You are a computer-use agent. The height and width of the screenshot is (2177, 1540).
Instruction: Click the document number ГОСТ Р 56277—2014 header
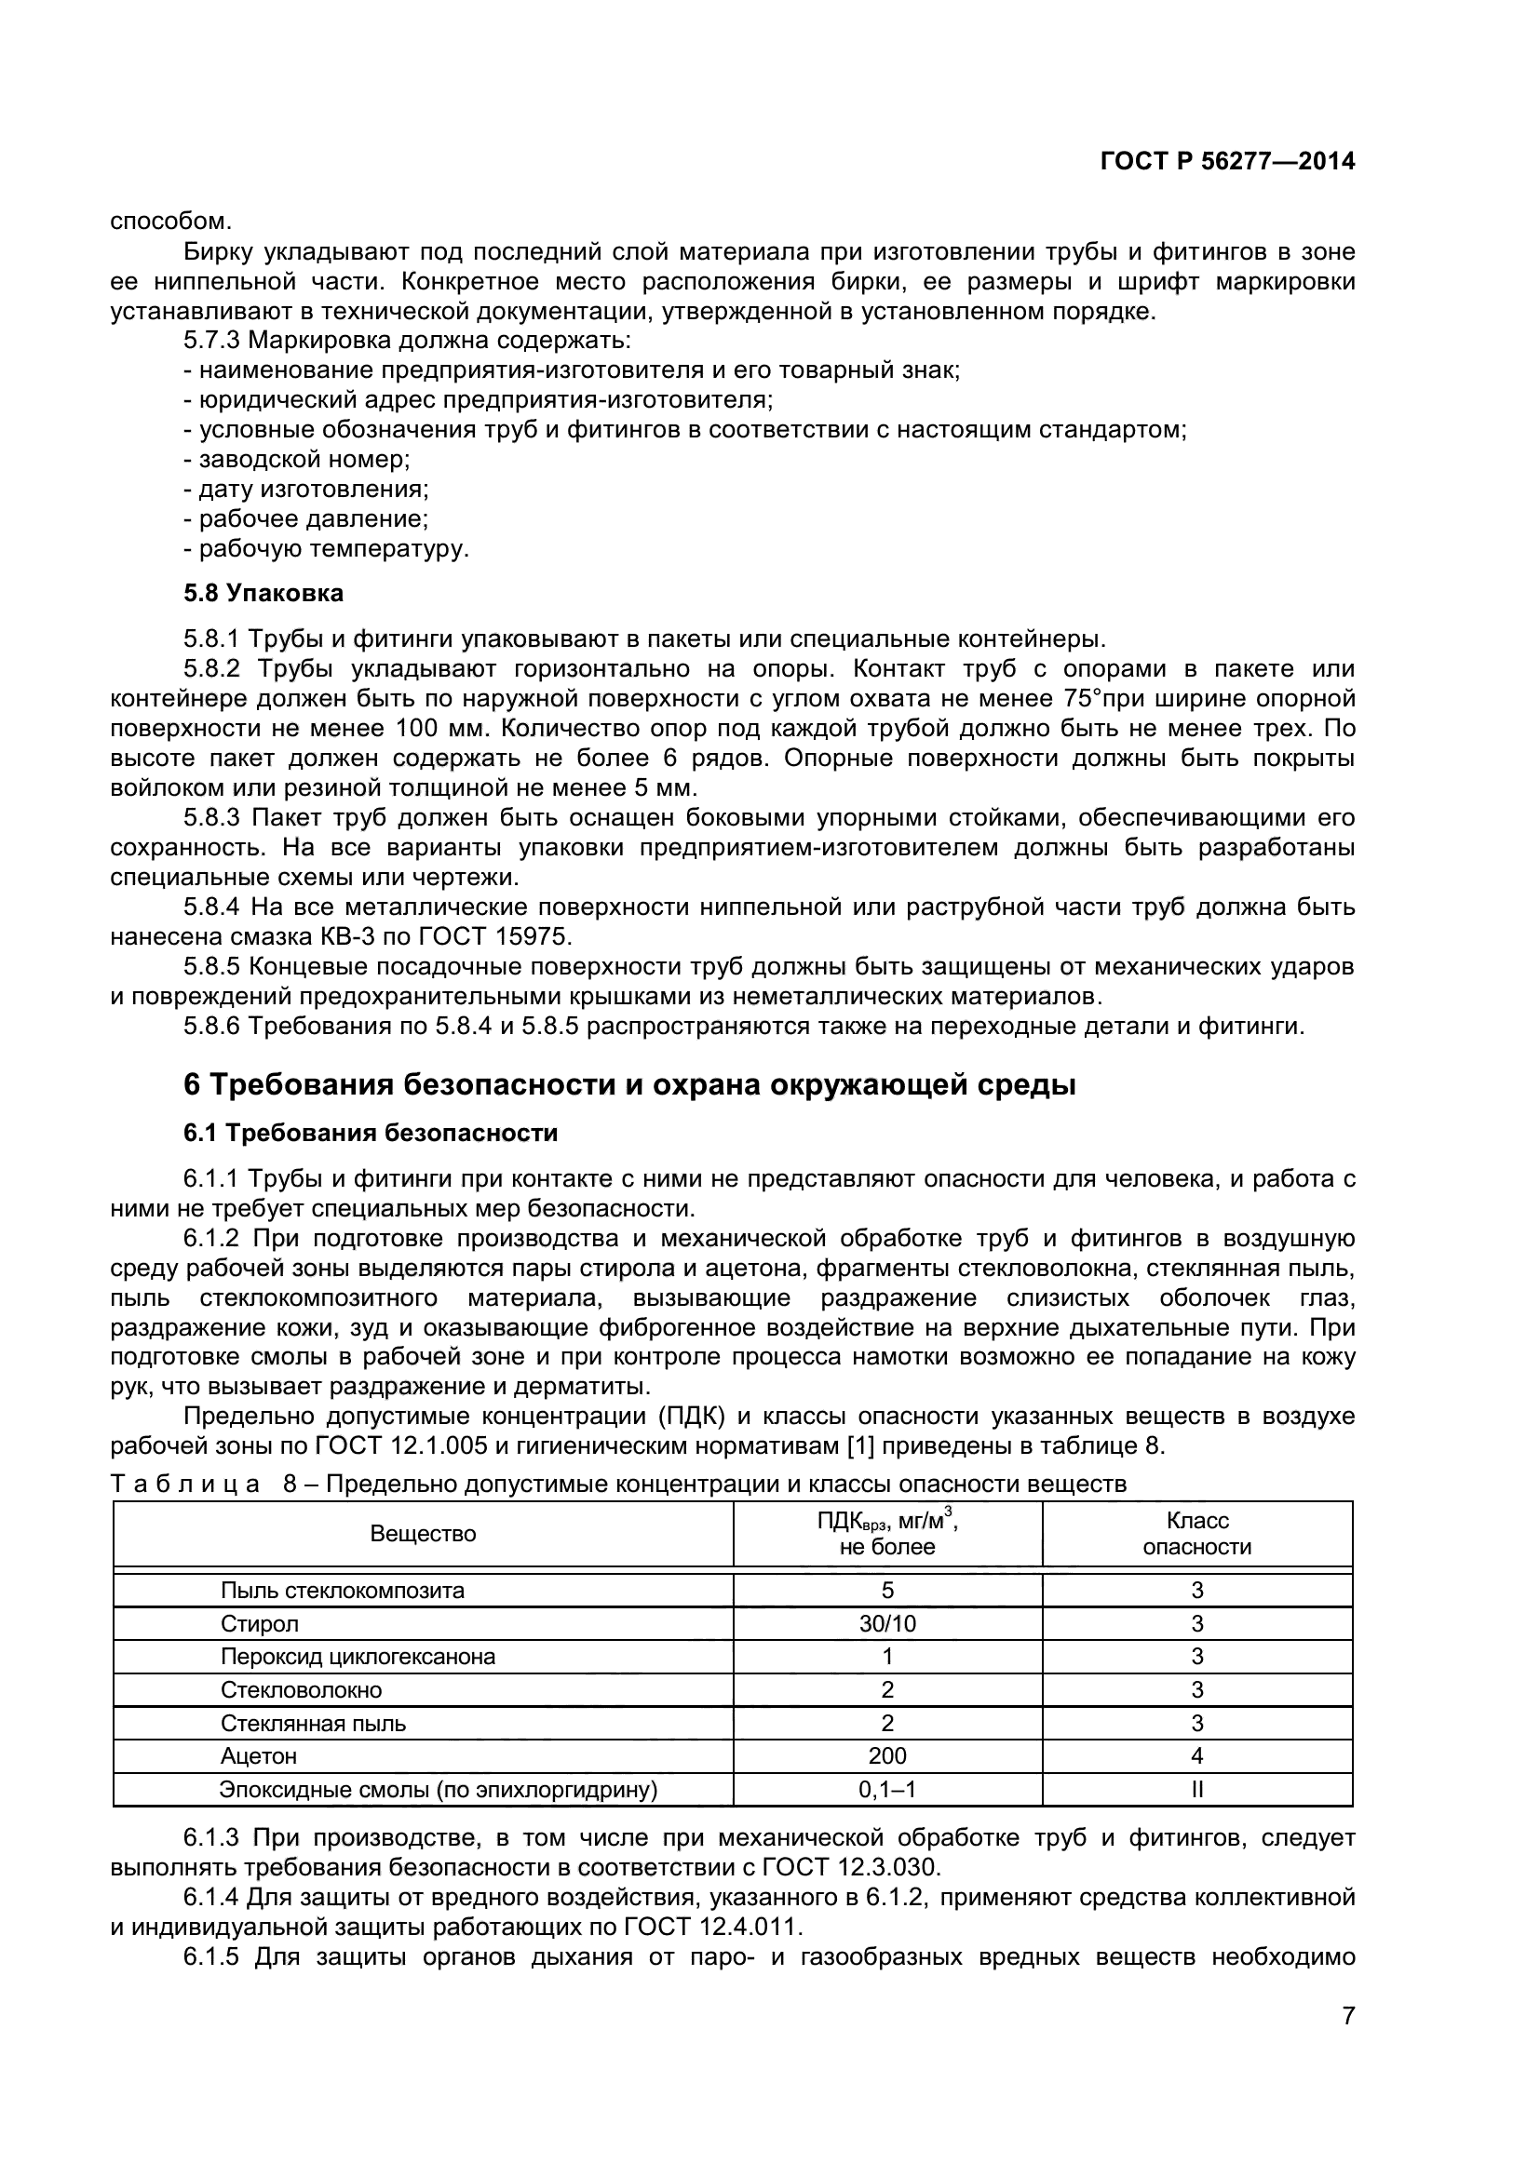pyautogui.click(x=1227, y=161)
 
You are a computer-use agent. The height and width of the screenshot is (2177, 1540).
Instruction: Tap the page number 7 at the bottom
pyautogui.click(x=1347, y=2035)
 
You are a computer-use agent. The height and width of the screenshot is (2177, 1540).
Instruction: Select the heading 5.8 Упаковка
pyautogui.click(x=263, y=594)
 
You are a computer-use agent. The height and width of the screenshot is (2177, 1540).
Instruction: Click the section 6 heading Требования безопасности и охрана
pyautogui.click(x=628, y=1083)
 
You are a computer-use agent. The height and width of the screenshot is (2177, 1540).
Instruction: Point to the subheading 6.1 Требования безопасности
pyautogui.click(x=370, y=1133)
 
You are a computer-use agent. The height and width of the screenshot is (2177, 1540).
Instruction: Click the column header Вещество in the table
pyautogui.click(x=423, y=1533)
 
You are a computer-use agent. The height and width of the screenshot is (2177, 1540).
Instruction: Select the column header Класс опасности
pyautogui.click(x=1196, y=1533)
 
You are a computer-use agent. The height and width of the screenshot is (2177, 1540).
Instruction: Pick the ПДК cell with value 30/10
pyautogui.click(x=886, y=1623)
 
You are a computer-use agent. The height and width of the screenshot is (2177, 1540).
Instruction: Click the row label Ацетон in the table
pyautogui.click(x=259, y=1756)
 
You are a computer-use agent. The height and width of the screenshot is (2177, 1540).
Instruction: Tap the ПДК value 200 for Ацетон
pyautogui.click(x=886, y=1756)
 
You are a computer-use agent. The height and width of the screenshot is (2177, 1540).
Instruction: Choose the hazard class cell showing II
pyautogui.click(x=1196, y=1789)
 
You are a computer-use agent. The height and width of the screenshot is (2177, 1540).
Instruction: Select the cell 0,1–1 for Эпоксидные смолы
pyautogui.click(x=886, y=1789)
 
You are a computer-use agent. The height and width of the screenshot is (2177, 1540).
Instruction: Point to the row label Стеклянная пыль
pyautogui.click(x=313, y=1723)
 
